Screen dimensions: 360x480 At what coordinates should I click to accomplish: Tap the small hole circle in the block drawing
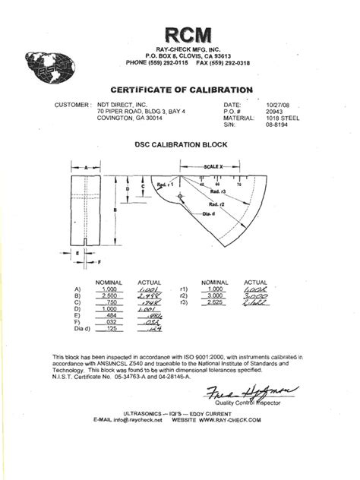[x=179, y=197]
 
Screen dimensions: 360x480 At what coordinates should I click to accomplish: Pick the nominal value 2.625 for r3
[x=217, y=304]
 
